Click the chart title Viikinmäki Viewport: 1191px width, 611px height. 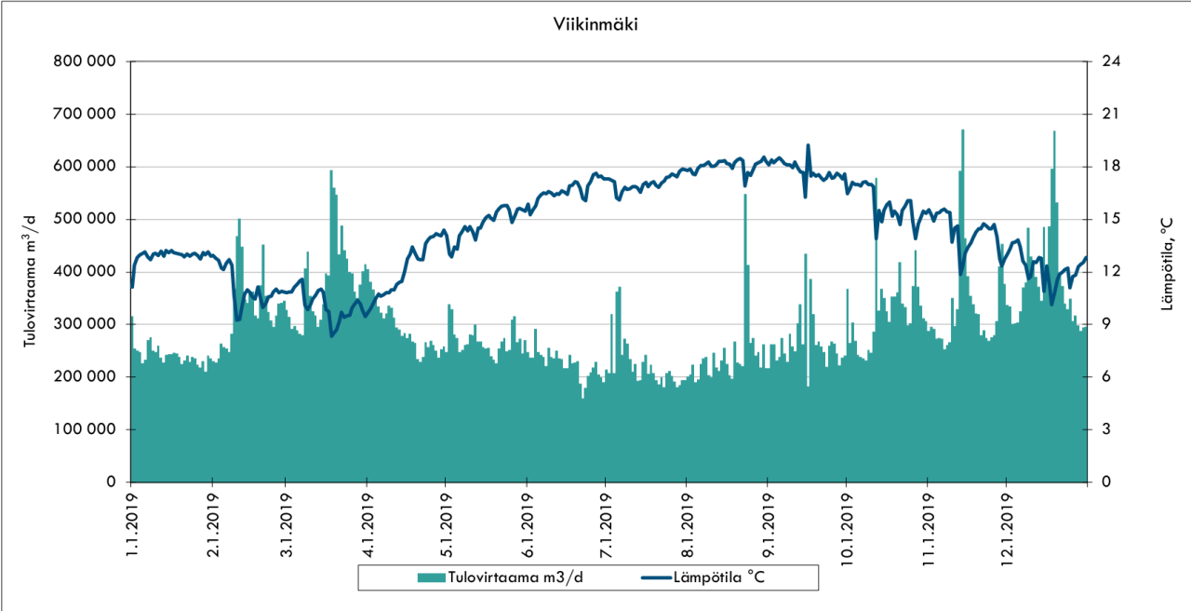coord(595,25)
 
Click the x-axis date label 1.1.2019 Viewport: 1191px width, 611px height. coord(130,526)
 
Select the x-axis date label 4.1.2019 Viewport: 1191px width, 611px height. coord(367,526)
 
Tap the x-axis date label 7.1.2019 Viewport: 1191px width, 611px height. coord(605,526)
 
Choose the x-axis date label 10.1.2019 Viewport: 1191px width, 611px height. coord(846,530)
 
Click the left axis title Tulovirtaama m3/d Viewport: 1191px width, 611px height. coord(31,279)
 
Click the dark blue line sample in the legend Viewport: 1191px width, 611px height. coord(658,577)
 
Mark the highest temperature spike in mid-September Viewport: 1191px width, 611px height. coord(808,145)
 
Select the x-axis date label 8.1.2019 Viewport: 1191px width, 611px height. coord(686,526)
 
